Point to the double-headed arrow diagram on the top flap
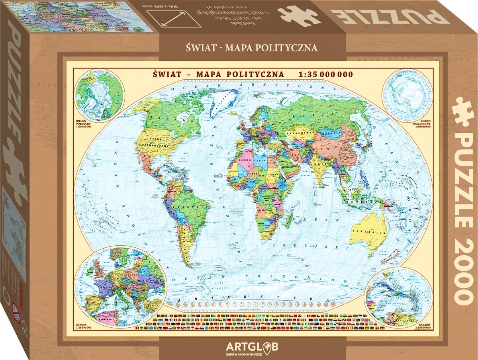174,18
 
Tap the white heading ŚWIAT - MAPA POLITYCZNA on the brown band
252,48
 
